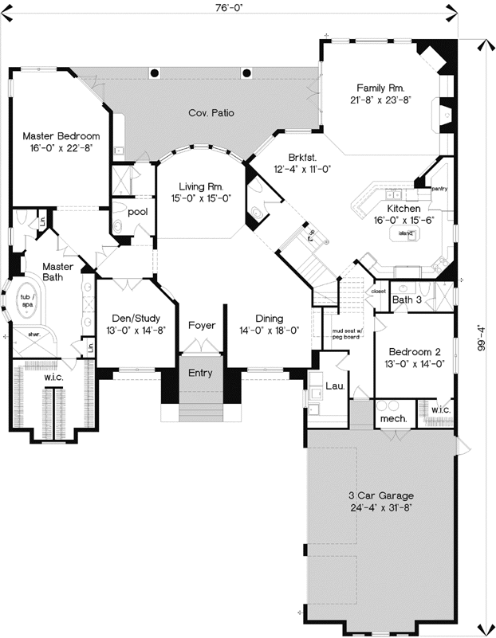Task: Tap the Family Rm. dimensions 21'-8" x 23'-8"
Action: click(x=381, y=100)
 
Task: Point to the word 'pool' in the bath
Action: click(x=138, y=212)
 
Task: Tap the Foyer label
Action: click(x=202, y=326)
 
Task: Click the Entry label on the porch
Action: click(x=200, y=373)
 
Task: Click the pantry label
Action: click(x=439, y=190)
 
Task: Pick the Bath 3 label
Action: click(x=407, y=299)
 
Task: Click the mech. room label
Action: click(x=394, y=418)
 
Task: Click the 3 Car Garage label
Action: click(x=378, y=495)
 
